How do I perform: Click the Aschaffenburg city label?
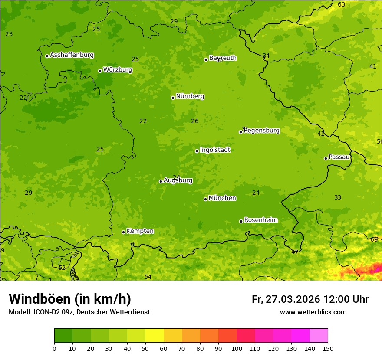pos(72,55)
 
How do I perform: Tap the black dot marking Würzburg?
pos(100,71)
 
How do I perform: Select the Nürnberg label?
pos(190,96)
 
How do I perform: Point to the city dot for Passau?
pos(326,158)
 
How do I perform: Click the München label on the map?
pos(222,198)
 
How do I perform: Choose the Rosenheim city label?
pos(260,220)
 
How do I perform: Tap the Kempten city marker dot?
pos(123,232)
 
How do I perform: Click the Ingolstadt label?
pos(215,150)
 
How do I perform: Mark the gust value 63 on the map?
pos(342,4)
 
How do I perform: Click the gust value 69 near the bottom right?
pos(374,239)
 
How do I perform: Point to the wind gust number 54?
pos(148,277)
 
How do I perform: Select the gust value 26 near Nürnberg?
pos(195,121)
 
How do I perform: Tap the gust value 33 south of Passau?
pos(338,197)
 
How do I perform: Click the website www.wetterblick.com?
pos(313,312)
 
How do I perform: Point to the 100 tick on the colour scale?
pos(237,348)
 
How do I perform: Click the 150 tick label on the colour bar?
pos(328,348)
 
